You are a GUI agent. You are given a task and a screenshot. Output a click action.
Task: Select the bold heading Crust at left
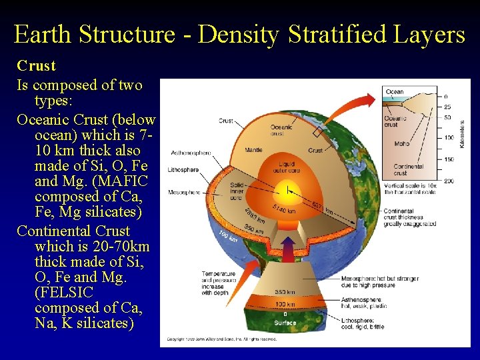pos(36,66)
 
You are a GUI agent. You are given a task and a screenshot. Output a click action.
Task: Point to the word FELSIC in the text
pos(64,293)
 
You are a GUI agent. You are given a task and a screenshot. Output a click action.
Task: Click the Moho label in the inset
pos(402,143)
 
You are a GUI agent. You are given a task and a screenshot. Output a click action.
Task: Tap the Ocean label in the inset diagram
pos(395,92)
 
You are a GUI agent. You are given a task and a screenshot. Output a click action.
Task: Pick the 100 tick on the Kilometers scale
pos(449,138)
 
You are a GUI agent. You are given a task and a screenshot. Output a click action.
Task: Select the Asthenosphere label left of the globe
pos(191,153)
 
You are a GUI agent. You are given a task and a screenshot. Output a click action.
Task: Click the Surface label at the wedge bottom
pos(285,323)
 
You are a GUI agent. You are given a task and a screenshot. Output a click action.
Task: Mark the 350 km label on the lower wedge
pos(285,292)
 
